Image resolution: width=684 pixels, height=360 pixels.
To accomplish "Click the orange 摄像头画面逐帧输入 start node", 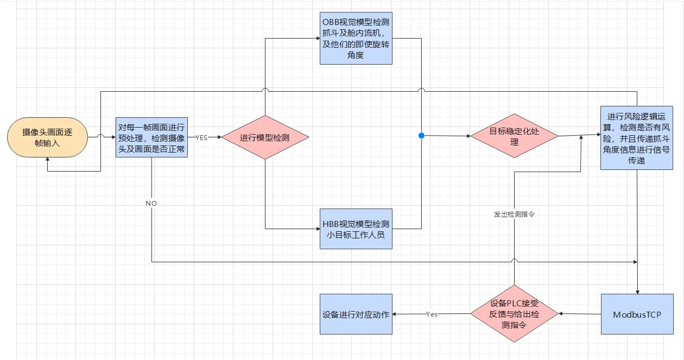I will [48, 137].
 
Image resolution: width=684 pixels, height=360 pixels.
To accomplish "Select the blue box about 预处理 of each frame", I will [151, 137].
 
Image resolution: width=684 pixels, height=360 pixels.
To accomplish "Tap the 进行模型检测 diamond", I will [265, 137].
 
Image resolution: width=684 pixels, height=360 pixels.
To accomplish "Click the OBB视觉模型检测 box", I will [356, 39].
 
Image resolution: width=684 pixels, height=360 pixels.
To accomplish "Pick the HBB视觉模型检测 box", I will [356, 229].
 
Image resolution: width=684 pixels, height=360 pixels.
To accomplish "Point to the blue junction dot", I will [421, 135].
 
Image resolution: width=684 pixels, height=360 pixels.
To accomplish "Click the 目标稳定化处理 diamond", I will [514, 136].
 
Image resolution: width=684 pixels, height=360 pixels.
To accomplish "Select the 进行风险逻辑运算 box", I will [637, 137].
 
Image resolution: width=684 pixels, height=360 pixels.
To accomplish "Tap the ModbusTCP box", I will [637, 314].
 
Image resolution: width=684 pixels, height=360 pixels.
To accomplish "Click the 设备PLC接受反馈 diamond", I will [514, 314].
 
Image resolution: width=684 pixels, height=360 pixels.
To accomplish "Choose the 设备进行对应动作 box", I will [356, 314].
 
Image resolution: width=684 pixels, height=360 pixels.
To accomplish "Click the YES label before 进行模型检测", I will [201, 137].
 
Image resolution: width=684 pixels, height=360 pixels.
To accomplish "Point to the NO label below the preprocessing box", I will [151, 203].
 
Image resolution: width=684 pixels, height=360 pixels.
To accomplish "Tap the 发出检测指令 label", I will [514, 214].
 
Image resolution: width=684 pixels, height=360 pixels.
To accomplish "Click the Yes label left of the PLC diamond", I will [432, 314].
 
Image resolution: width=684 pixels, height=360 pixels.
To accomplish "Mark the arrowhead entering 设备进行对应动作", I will [395, 314].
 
